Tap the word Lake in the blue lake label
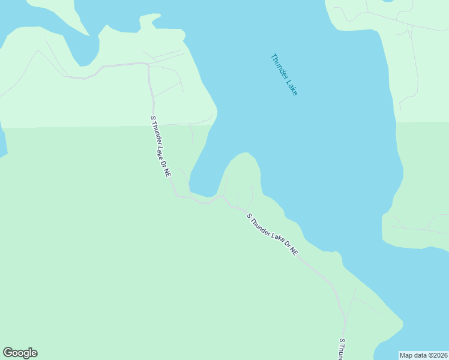292,87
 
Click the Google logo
20,353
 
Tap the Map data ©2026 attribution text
423,355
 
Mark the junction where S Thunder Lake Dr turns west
149,64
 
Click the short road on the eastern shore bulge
414,228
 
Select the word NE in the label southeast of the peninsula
294,251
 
